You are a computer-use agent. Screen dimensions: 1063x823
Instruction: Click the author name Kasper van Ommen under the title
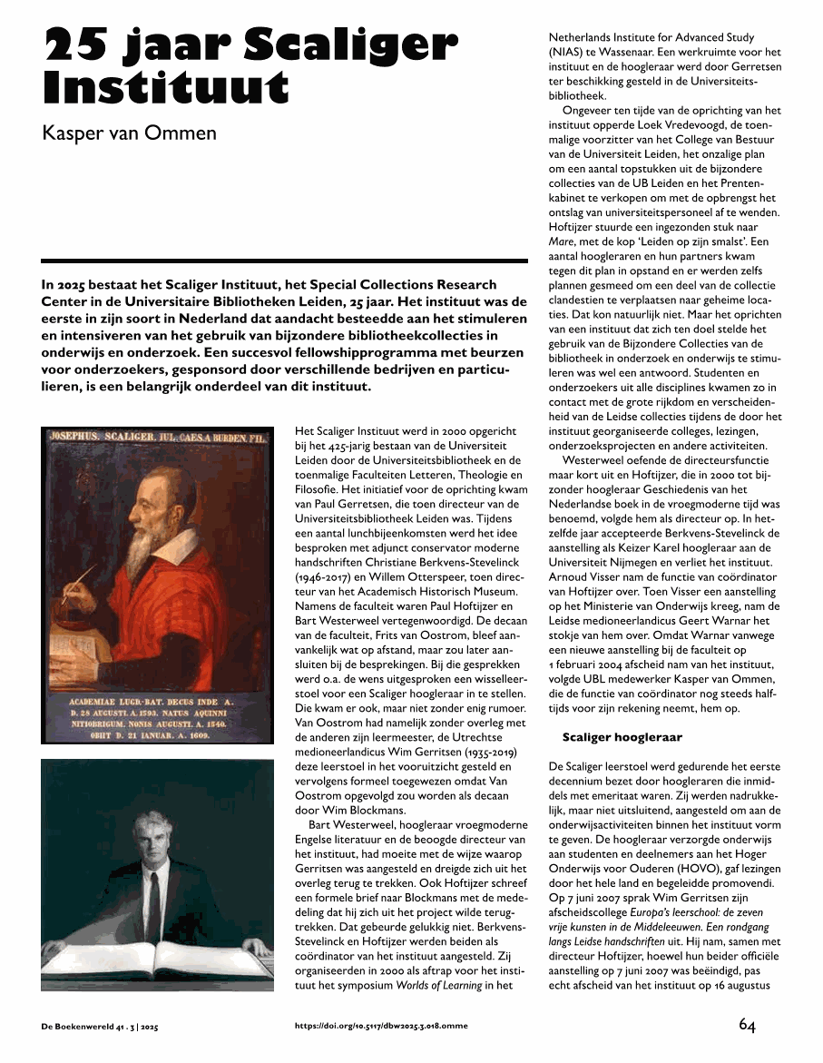click(130, 134)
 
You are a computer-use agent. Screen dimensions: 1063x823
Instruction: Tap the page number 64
click(747, 1025)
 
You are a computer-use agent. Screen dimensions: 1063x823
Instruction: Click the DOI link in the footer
click(382, 1026)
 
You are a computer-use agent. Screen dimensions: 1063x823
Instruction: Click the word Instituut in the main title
click(166, 88)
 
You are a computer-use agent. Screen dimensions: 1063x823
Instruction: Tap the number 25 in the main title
click(79, 44)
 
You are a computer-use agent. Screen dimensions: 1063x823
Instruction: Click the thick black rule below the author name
click(284, 261)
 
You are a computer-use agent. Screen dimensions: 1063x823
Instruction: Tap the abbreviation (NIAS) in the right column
click(565, 52)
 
